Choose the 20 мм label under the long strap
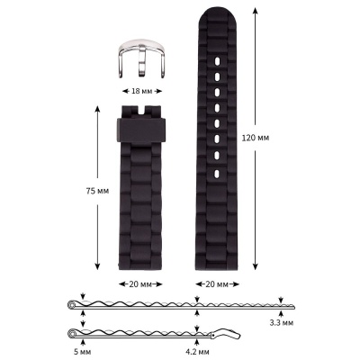tap(216, 283)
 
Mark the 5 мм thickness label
tap(84, 353)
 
